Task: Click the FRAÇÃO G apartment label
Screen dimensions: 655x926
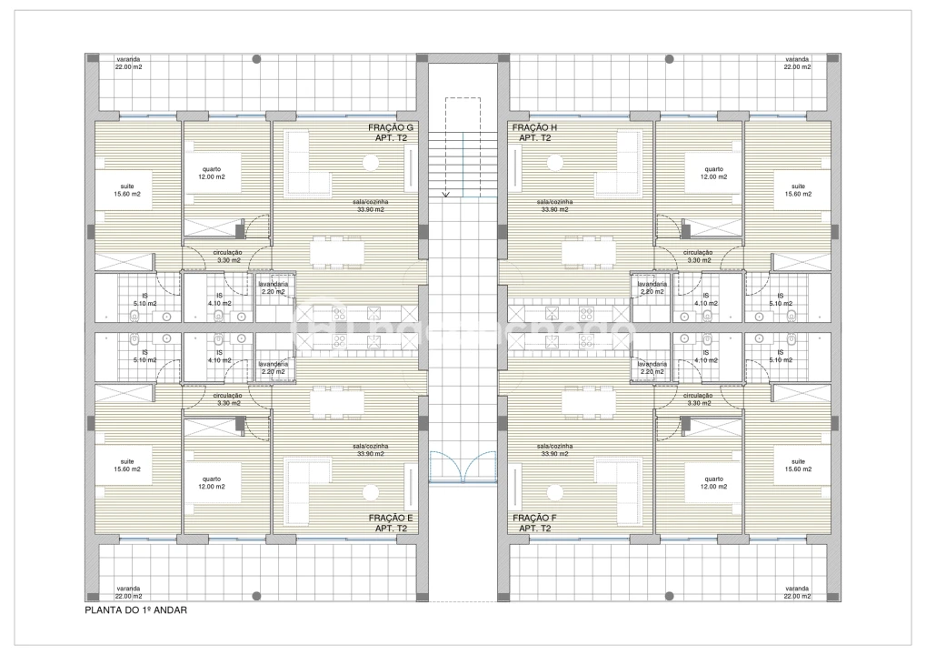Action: click(x=392, y=134)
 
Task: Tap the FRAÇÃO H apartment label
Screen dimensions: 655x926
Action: click(x=534, y=134)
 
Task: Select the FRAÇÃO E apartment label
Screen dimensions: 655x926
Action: click(x=392, y=523)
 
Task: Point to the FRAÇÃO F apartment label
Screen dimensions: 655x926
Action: click(x=534, y=523)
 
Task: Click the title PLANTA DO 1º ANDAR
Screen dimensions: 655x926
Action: click(x=135, y=610)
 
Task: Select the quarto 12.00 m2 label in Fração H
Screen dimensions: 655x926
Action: click(x=713, y=174)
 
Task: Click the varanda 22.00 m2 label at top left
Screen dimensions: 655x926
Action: click(x=127, y=63)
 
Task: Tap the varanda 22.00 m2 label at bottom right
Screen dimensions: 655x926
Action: click(x=797, y=592)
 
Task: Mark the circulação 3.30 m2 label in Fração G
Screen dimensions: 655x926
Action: click(x=227, y=257)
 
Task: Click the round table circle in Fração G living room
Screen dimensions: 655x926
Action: click(x=371, y=163)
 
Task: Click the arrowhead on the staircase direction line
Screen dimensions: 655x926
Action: click(x=445, y=194)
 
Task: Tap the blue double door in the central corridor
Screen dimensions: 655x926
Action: click(x=463, y=468)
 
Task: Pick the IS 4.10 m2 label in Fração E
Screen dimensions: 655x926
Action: click(x=219, y=357)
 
